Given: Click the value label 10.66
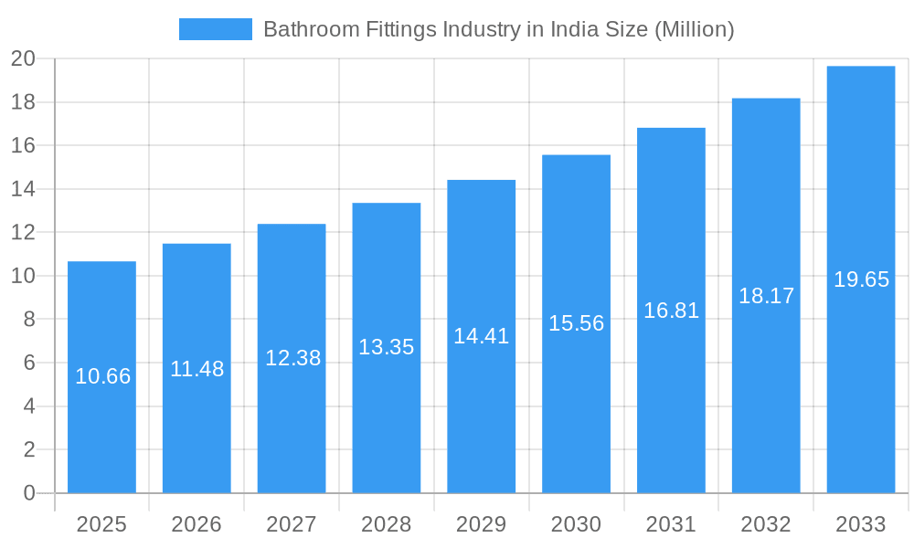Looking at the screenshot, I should click(102, 376).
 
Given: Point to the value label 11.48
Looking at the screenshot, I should click(197, 369).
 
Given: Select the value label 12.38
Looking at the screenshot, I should click(292, 358).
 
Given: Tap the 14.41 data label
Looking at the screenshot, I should click(481, 336).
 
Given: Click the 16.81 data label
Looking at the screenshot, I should click(671, 311).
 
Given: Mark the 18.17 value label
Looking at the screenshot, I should click(766, 296).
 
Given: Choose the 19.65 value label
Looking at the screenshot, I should click(861, 279).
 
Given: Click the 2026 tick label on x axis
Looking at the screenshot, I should click(197, 524).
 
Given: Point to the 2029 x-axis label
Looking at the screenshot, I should click(481, 524).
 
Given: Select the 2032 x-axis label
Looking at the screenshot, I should click(766, 524).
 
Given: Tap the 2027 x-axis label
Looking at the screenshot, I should click(292, 524).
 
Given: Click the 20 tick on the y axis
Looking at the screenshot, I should click(23, 59).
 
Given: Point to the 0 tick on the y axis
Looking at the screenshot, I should click(28, 493).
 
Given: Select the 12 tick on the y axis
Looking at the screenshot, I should click(23, 233).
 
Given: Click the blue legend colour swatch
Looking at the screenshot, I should click(215, 29).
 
